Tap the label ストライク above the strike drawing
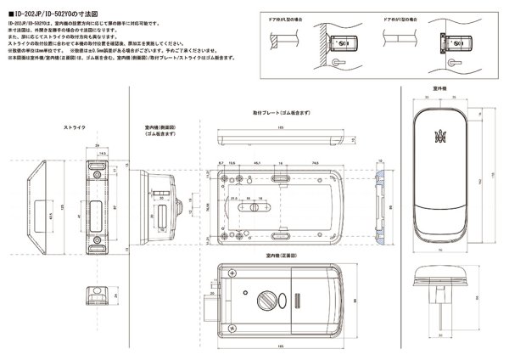click(x=76, y=127)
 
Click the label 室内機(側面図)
click(x=159, y=131)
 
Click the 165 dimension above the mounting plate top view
click(x=281, y=128)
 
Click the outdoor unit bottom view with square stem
click(x=439, y=284)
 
